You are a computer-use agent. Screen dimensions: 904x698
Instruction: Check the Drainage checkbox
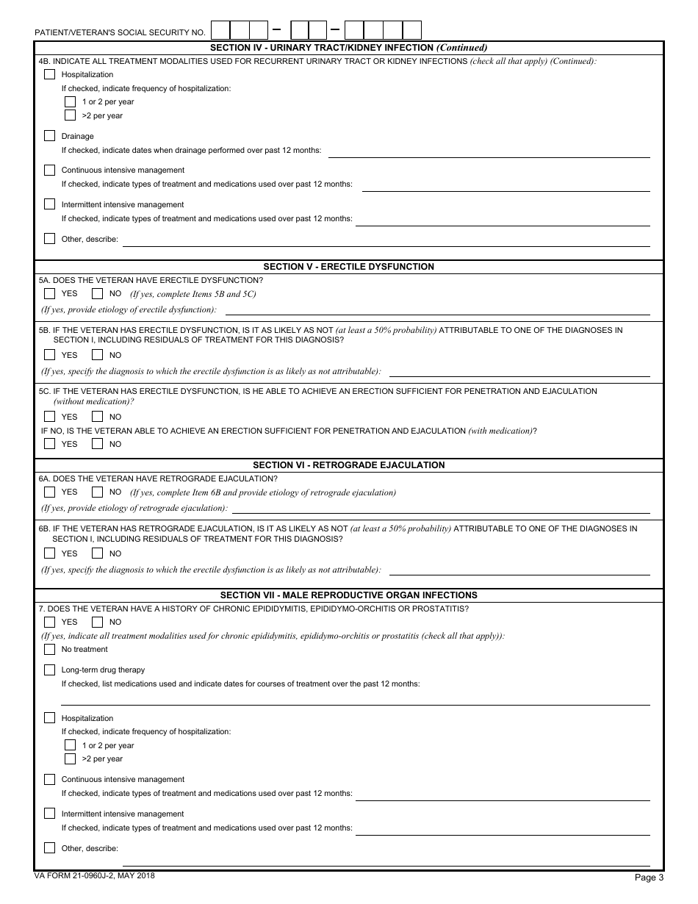coord(49,136)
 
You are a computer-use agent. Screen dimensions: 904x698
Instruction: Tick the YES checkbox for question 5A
coord(49,294)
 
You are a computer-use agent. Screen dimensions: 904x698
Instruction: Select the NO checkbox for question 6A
coord(97,492)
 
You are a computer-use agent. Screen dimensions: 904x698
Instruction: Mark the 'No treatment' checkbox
coord(49,649)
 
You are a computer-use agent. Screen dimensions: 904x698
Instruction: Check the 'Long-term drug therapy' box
coord(49,670)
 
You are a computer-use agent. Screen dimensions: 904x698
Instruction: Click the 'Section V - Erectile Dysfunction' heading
coord(348,267)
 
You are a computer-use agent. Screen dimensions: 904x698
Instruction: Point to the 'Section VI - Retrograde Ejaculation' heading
coord(348,465)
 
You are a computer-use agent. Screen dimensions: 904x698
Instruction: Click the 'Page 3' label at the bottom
coord(649,877)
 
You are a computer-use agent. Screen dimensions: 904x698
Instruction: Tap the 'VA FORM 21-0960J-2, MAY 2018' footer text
coord(95,875)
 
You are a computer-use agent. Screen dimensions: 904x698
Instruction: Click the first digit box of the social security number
coord(220,30)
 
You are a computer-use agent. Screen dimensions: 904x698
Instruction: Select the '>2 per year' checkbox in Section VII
coord(70,758)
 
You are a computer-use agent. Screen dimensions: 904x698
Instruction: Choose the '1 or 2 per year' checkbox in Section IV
coord(70,101)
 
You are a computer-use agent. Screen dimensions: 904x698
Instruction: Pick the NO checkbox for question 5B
coord(97,355)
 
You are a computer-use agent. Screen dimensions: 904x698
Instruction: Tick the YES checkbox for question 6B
coord(49,553)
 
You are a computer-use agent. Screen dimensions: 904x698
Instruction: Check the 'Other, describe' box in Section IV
coord(49,238)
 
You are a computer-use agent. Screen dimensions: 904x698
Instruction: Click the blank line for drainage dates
coord(489,151)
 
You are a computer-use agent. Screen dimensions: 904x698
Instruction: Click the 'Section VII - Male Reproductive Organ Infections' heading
coord(348,595)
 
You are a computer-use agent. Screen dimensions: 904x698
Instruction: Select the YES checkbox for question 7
coord(49,622)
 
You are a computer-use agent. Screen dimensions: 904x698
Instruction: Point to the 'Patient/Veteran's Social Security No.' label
coord(120,33)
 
